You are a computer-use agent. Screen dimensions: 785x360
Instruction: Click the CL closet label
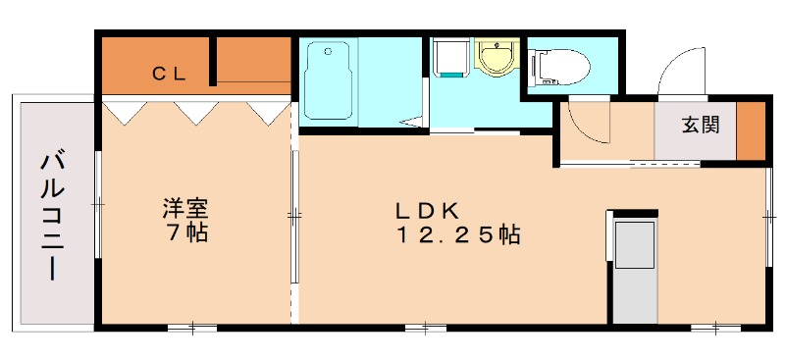[169, 75]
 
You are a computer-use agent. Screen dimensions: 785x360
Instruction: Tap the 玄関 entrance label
[701, 126]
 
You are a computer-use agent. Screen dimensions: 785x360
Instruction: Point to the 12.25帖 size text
[458, 234]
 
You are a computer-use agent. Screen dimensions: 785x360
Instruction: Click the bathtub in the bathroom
[328, 80]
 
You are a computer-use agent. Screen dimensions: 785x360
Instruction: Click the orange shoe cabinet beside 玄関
[751, 131]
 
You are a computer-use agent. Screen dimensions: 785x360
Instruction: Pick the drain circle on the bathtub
[329, 51]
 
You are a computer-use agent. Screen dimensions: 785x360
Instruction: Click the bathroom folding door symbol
[412, 122]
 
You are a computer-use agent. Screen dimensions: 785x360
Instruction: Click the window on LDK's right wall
[769, 217]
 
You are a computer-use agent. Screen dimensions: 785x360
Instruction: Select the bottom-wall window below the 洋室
[192, 329]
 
